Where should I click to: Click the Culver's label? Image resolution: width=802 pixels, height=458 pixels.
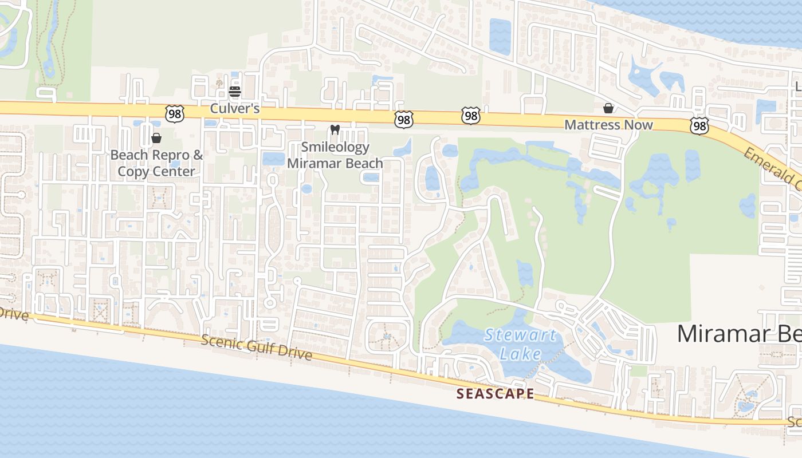(x=235, y=108)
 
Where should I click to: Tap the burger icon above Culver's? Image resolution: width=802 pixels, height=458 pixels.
(x=235, y=92)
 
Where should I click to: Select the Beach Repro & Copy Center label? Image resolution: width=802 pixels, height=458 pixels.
(x=156, y=163)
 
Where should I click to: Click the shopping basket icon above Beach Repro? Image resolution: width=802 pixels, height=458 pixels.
(x=156, y=138)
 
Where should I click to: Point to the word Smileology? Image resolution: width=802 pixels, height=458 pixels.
(x=335, y=148)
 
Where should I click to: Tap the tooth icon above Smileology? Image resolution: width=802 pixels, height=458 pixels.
(x=336, y=130)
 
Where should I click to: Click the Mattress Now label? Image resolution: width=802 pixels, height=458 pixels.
(x=608, y=125)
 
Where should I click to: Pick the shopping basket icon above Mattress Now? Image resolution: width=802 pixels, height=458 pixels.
(x=608, y=108)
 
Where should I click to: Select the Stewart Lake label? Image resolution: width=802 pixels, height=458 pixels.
(x=520, y=344)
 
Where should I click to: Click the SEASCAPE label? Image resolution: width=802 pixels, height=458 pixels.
(x=496, y=394)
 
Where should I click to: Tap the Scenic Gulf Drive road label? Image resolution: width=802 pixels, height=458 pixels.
(x=256, y=348)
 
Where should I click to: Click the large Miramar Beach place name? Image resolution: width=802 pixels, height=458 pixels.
(x=739, y=333)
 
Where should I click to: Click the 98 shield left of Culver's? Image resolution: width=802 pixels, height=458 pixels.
(x=174, y=114)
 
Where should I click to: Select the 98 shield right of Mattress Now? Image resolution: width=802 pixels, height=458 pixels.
(x=699, y=126)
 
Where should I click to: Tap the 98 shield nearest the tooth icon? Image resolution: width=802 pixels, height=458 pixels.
(x=404, y=120)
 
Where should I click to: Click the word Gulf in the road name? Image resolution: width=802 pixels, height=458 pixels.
(x=257, y=348)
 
